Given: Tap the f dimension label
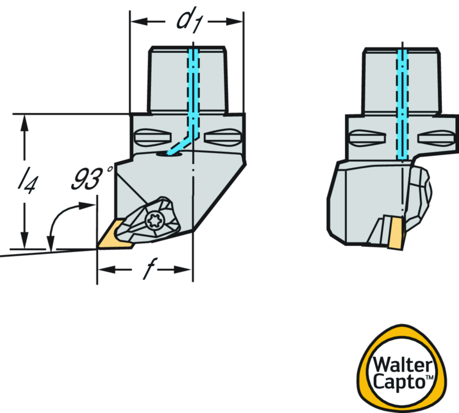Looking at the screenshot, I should (145, 270).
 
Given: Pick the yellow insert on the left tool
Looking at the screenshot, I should (113, 234).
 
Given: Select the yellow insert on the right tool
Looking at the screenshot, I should (395, 233).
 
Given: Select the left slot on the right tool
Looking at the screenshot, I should (368, 138).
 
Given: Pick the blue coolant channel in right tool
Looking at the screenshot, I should (402, 103).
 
